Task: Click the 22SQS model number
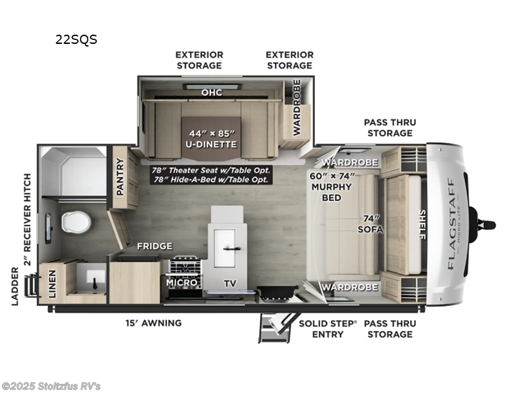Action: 76,39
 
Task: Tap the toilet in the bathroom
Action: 76,222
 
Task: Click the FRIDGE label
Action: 155,246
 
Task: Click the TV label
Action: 229,284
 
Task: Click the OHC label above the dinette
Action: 211,92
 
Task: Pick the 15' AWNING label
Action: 153,323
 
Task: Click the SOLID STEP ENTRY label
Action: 328,328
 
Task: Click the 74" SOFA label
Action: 370,225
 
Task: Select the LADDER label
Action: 14,286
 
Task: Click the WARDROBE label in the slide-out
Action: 297,107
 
